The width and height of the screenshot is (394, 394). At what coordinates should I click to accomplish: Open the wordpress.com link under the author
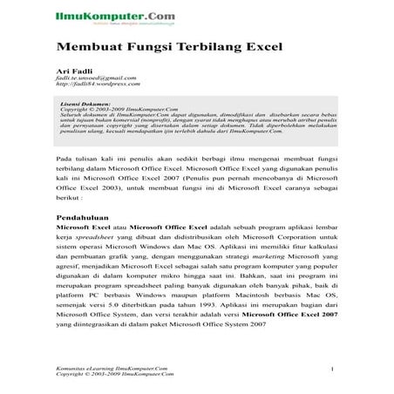(97, 85)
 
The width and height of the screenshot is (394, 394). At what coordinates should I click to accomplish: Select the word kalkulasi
(323, 248)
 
